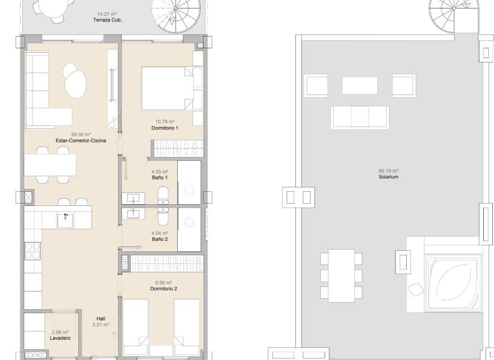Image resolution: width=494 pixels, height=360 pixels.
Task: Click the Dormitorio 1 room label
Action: pos(165,128)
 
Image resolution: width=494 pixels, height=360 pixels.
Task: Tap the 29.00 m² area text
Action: pos(81,134)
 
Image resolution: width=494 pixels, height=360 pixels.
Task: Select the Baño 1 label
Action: pos(160,178)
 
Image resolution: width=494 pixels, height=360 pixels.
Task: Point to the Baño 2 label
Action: pos(160,239)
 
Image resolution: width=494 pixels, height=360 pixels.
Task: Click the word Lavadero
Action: pos(60,338)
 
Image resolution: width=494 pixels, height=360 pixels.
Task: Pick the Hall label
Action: pos(101,319)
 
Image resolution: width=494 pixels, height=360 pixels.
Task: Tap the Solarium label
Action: pos(388,177)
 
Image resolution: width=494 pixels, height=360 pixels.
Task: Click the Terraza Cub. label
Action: pos(107,20)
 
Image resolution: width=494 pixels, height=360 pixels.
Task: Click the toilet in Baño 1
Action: pos(163,195)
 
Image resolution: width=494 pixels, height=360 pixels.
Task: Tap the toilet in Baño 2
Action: pos(163,217)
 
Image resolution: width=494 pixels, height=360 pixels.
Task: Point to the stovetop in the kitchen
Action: pos(33,251)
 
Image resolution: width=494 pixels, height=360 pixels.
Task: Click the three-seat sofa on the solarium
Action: pos(360,118)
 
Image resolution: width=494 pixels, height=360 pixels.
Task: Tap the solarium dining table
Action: pos(341,276)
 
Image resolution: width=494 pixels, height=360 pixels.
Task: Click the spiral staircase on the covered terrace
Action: pos(176,16)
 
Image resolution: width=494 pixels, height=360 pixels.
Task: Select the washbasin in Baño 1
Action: pos(133,198)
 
